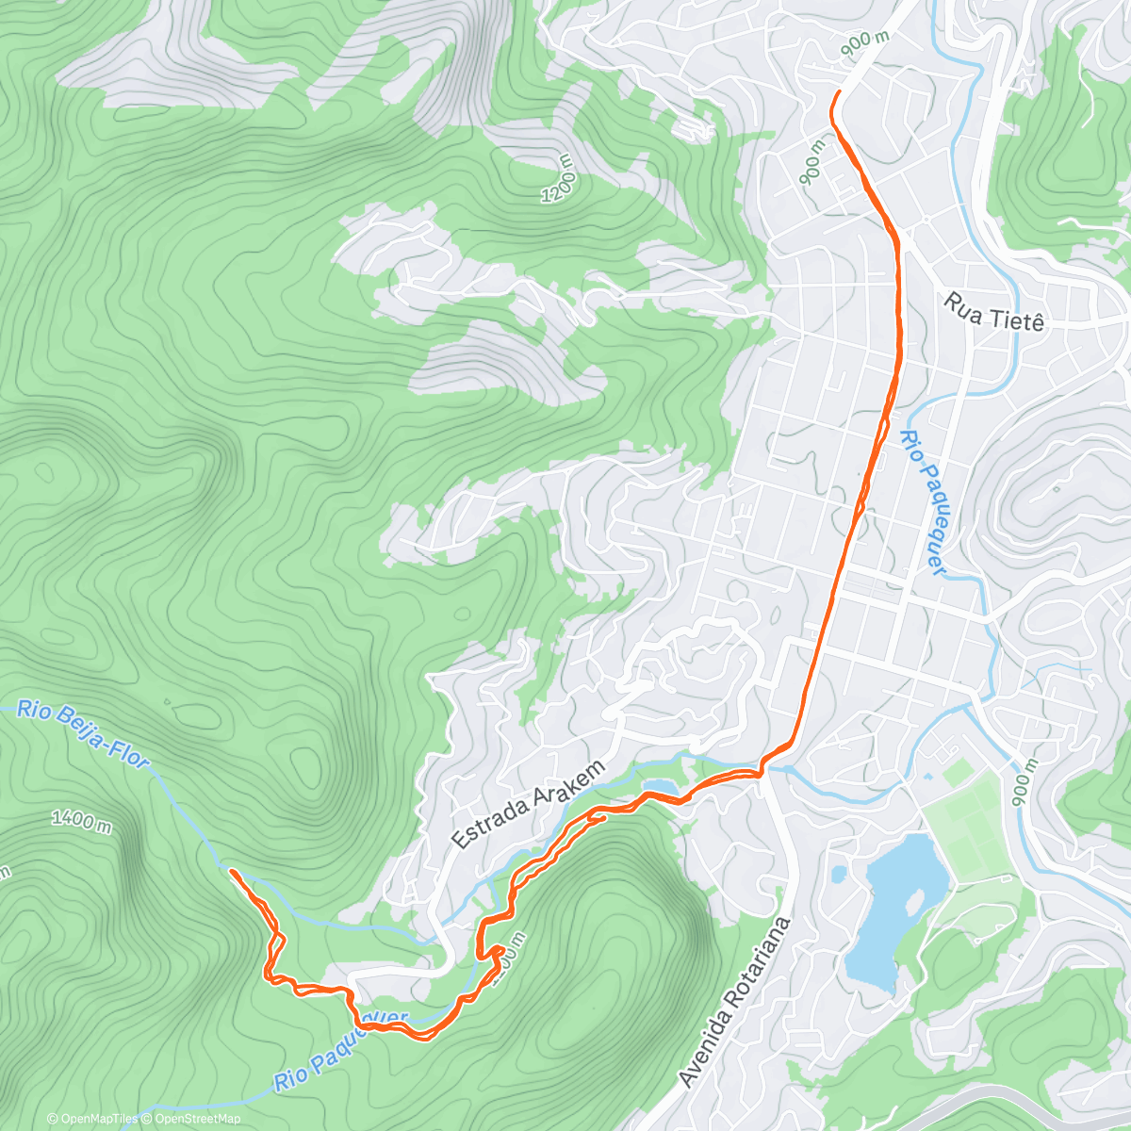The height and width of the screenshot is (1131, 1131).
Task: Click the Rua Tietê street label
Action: pyautogui.click(x=994, y=313)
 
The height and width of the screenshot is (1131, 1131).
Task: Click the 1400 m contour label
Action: pyautogui.click(x=81, y=821)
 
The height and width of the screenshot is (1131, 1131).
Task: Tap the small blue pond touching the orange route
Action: pyautogui.click(x=659, y=787)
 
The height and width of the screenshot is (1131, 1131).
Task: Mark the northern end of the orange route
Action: pyautogui.click(x=838, y=91)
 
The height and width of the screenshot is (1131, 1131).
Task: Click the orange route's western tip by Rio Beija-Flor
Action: pyautogui.click(x=231, y=872)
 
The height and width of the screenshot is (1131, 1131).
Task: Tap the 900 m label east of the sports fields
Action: pyautogui.click(x=1024, y=782)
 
